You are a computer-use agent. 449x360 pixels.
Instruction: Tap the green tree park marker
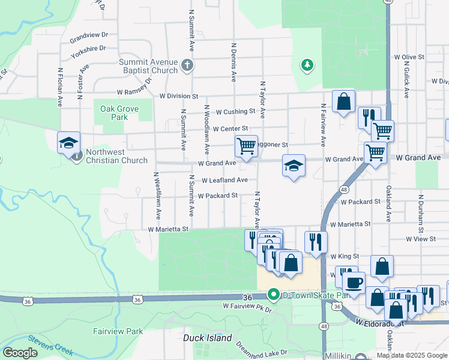click(x=307, y=64)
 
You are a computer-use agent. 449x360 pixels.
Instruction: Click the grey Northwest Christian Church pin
click(x=77, y=156)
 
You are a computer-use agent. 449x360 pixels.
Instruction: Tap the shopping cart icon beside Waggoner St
click(x=246, y=146)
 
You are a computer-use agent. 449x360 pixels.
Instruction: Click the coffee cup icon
click(x=354, y=283)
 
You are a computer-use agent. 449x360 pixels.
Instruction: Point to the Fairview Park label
click(x=118, y=331)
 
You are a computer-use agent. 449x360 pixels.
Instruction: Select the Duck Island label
click(x=207, y=338)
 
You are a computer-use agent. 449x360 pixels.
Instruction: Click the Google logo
click(x=20, y=353)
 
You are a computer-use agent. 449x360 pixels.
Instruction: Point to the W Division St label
click(x=178, y=96)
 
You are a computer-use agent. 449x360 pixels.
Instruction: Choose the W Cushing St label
click(x=235, y=112)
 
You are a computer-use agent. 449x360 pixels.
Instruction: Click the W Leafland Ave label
click(x=224, y=180)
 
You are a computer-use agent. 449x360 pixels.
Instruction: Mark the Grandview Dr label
click(x=88, y=36)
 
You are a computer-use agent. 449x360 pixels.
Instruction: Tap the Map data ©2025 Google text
click(x=412, y=355)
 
